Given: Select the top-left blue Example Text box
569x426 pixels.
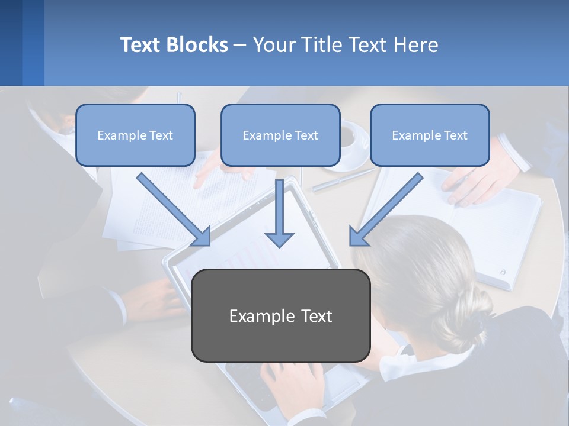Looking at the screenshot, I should point(135,135).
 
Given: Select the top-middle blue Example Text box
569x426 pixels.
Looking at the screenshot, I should point(280,135).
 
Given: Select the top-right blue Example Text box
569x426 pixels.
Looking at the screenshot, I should point(430,135).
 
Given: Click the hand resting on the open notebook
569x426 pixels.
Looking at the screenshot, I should point(474,183).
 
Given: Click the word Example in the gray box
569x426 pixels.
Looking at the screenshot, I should point(254,316).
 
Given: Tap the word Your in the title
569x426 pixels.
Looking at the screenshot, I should point(273,45).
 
